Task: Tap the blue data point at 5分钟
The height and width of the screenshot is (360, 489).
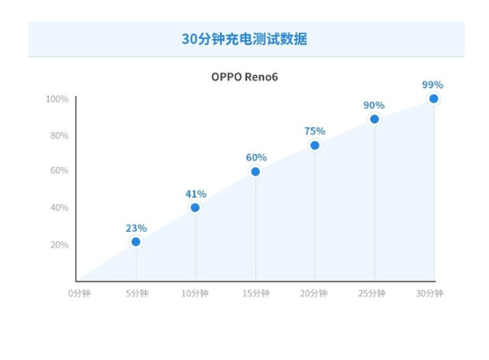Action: click(x=136, y=242)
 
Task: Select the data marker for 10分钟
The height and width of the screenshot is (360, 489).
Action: click(x=196, y=208)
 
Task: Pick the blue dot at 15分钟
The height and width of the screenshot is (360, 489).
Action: click(x=255, y=172)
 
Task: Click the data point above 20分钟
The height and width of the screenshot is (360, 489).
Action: click(x=315, y=146)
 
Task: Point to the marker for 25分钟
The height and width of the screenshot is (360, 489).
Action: click(x=374, y=119)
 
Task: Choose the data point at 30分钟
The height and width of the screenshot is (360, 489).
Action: click(x=434, y=99)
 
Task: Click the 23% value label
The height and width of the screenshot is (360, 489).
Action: click(x=136, y=228)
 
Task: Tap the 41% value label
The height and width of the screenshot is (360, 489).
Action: click(x=196, y=194)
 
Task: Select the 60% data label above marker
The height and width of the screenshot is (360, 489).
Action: click(x=255, y=157)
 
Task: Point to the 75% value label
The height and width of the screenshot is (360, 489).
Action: click(x=315, y=131)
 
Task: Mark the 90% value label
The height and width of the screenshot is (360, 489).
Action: click(x=374, y=105)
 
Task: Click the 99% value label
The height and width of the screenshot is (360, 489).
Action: click(x=433, y=85)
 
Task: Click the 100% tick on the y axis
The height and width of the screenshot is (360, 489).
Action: click(x=57, y=99)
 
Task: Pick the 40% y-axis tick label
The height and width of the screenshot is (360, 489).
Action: click(x=59, y=208)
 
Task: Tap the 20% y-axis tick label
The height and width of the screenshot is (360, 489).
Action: click(x=59, y=244)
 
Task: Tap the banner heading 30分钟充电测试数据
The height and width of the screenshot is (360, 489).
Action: click(x=244, y=39)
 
